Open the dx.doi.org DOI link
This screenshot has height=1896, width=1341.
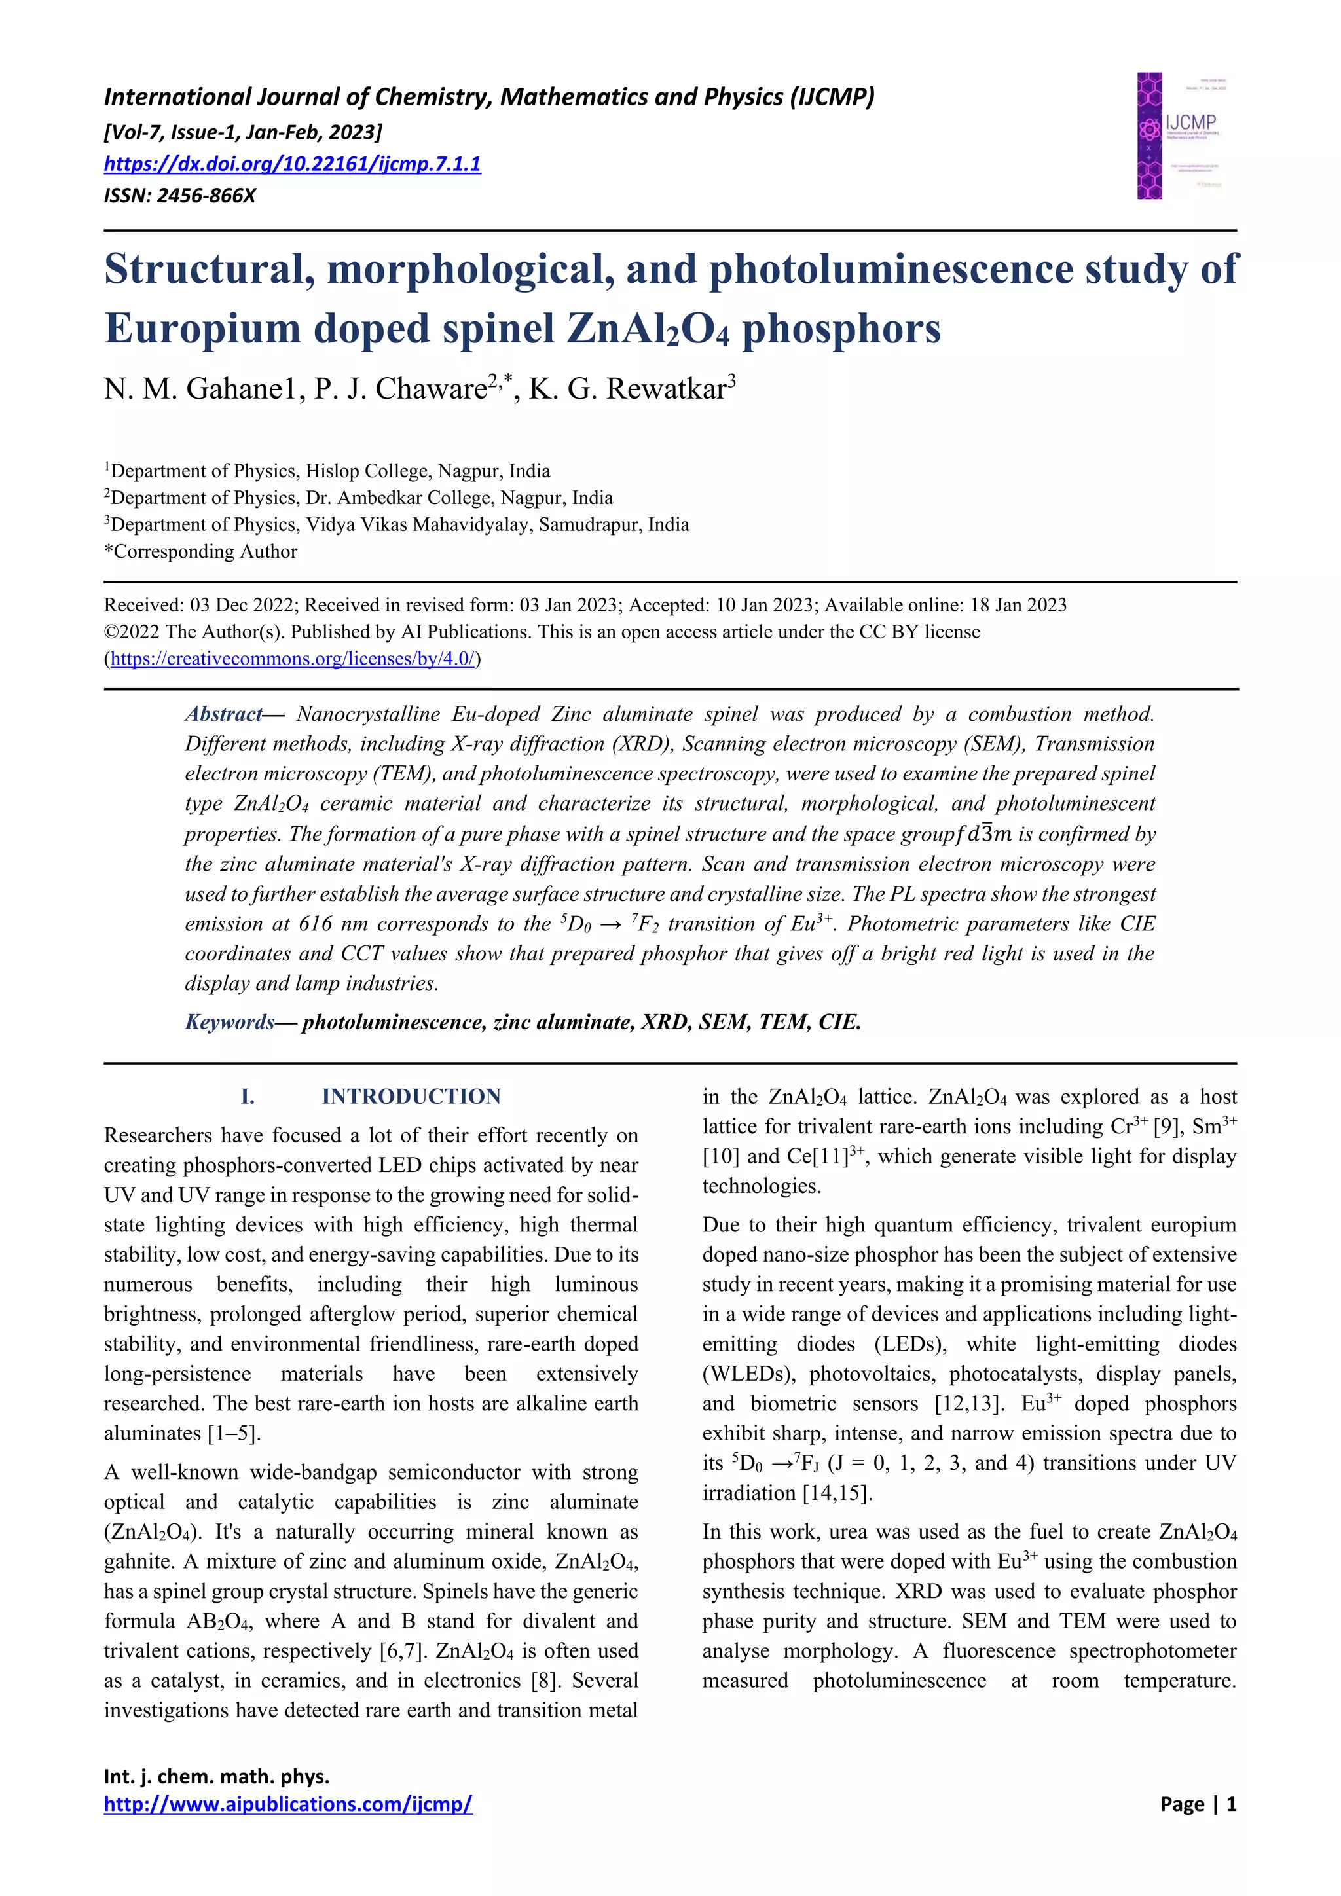tap(291, 164)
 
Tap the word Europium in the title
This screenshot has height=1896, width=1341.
tap(202, 328)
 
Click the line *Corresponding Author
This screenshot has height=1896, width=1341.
tap(200, 552)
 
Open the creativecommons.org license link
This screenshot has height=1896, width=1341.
tap(292, 659)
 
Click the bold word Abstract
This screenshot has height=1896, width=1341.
tap(223, 714)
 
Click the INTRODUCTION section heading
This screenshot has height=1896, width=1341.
tap(411, 1097)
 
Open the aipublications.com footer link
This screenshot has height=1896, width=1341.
tap(288, 1804)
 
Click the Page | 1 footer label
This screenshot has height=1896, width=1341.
tap(1198, 1804)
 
